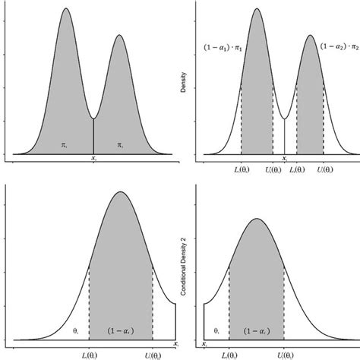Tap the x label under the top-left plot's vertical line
[93, 161]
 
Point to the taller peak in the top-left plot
[66, 9]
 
